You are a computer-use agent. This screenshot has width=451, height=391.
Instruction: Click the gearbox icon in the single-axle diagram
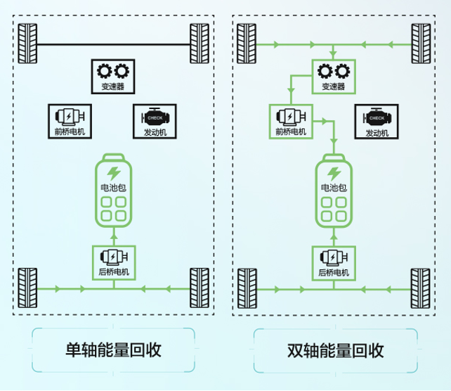(112, 71)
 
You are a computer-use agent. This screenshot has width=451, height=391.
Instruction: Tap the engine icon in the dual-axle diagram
(377, 117)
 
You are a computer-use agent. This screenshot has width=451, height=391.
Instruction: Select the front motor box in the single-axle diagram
(70, 121)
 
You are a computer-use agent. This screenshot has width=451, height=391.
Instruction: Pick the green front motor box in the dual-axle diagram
(290, 121)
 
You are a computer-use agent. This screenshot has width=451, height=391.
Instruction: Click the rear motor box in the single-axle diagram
(113, 261)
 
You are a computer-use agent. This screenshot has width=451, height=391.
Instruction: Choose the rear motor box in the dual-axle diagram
(333, 261)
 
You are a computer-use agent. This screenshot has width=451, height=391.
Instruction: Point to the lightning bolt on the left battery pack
(113, 172)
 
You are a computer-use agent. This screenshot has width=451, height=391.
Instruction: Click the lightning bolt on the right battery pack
(334, 172)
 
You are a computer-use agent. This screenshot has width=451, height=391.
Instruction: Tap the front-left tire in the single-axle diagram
(27, 44)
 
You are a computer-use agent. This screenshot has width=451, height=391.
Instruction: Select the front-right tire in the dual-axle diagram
(420, 44)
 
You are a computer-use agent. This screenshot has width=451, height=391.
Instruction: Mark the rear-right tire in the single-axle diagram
(200, 288)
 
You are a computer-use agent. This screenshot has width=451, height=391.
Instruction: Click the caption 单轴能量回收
(113, 350)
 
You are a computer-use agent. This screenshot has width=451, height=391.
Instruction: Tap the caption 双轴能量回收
(336, 350)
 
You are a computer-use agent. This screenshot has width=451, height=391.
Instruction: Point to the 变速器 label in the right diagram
(333, 87)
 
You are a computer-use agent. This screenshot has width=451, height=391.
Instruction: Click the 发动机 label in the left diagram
(155, 132)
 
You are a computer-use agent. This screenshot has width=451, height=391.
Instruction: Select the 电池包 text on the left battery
(113, 188)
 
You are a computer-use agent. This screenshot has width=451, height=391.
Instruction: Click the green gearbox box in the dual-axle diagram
(333, 76)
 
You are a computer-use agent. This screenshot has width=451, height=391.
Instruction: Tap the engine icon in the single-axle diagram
(155, 117)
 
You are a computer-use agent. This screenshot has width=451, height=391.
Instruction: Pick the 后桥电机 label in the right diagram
(333, 272)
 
